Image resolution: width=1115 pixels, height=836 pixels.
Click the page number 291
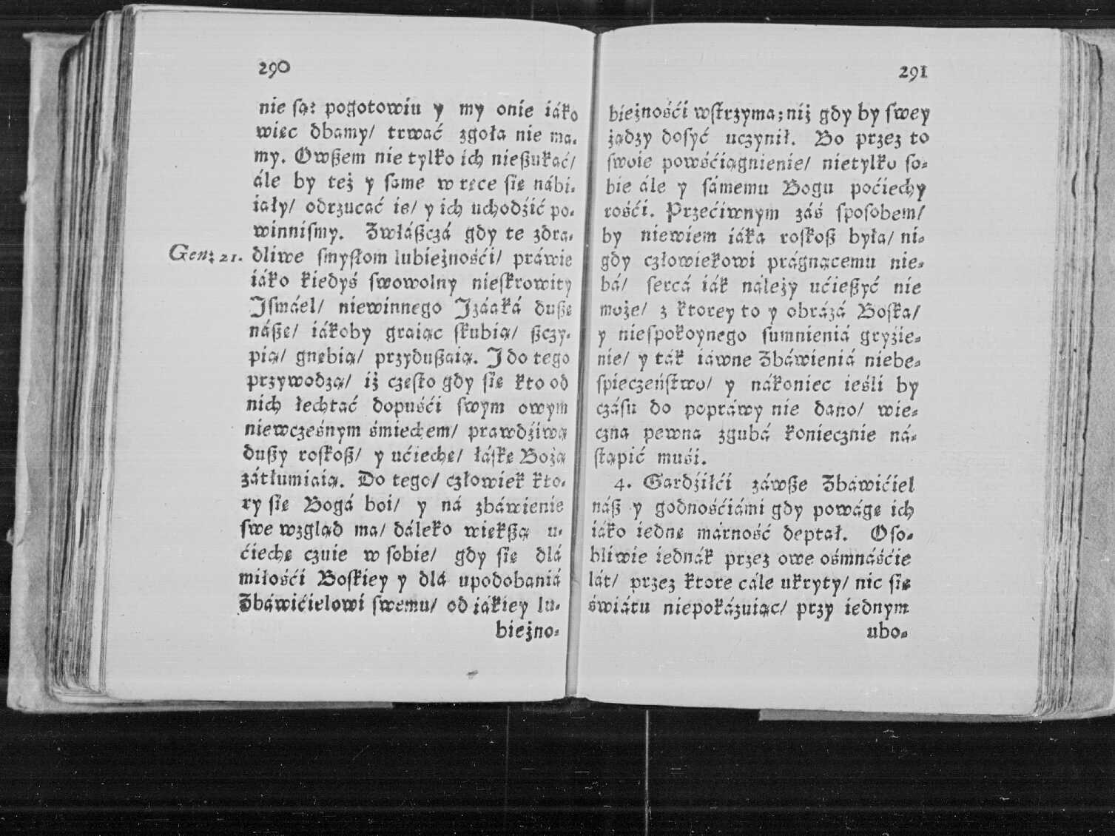point(913,73)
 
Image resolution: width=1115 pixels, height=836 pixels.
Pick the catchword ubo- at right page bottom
point(889,633)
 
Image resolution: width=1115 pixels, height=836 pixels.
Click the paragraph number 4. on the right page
point(624,485)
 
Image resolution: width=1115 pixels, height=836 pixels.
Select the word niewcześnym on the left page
point(292,431)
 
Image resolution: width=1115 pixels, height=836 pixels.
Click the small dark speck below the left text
point(471,674)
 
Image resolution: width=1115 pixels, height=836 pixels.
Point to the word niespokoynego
point(676,336)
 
